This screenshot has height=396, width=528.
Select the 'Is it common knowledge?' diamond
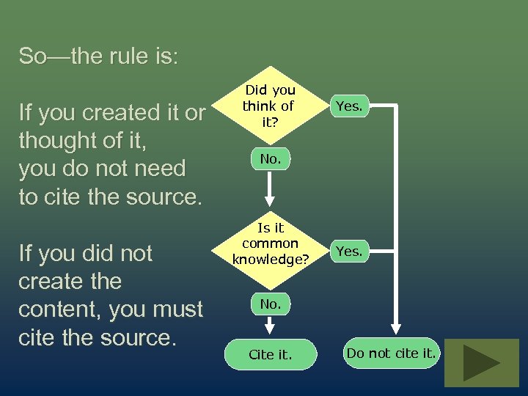(x=270, y=243)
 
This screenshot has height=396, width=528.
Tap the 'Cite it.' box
(x=270, y=355)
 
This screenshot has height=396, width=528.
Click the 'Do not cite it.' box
(x=392, y=353)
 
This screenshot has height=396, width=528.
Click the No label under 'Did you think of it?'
(x=270, y=158)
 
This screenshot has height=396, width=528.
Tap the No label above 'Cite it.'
(x=270, y=303)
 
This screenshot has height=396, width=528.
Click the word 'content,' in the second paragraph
(x=60, y=309)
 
